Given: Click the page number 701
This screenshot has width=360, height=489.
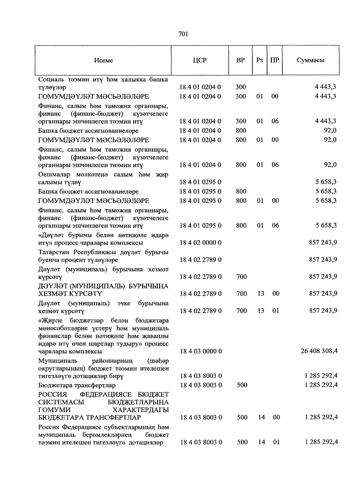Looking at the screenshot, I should pos(183,34).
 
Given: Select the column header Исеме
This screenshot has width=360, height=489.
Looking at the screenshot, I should pos(103,60).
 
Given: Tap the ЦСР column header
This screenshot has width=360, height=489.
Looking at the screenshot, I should pos(200,60).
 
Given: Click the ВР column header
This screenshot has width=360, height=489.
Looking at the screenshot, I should pos(240,60).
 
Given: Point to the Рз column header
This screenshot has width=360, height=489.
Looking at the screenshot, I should pos(260,60).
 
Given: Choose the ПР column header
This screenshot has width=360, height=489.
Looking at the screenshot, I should pos(274,60).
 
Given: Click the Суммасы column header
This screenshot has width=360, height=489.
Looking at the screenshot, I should pos(310,60).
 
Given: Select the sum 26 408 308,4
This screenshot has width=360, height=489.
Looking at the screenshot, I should pos(319,351).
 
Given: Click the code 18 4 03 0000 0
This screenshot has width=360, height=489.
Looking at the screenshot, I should pos(201,351).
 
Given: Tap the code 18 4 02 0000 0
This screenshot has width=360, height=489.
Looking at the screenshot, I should pos(200,243).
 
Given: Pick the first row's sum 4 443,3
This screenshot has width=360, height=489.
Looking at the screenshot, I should pos(325,87).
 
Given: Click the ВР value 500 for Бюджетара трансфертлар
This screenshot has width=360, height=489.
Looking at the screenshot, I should pos(242,385).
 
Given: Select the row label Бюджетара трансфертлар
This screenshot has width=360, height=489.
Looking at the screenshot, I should pos(77,385).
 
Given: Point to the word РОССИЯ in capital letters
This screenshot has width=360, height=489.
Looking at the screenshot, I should pos(52,395).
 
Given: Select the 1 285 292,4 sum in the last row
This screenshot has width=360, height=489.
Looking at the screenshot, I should pos(321,442).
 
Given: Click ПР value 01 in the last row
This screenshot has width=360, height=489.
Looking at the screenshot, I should pos(276,442).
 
